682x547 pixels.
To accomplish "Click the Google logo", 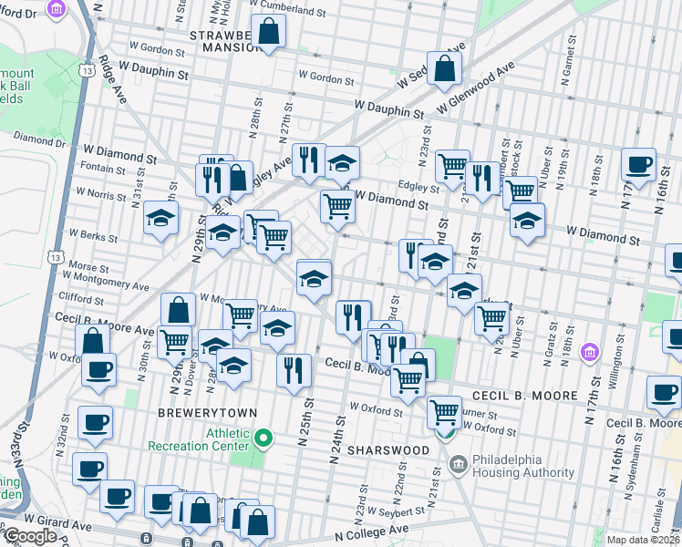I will [29, 536].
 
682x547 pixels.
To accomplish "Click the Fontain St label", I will [102, 168].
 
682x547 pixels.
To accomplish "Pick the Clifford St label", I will [80, 299].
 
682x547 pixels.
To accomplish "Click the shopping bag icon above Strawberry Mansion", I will [270, 33].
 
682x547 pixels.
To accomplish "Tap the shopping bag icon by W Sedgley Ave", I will [444, 68].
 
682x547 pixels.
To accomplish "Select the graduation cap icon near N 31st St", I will [160, 219].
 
